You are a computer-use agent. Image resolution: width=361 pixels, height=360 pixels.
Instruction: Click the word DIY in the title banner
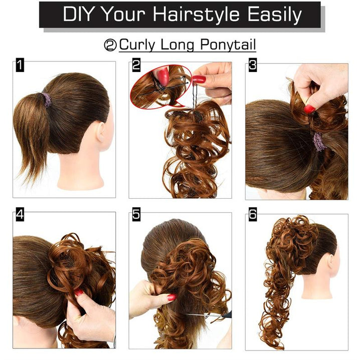pos(78,15)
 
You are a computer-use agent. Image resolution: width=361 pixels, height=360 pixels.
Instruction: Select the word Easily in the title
pos(275,15)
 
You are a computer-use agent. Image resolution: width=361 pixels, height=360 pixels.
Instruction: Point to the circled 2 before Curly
pos(110,45)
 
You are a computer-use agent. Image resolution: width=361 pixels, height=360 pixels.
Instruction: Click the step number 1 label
pos(20,65)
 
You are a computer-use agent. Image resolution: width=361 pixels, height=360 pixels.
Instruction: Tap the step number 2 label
pos(136,65)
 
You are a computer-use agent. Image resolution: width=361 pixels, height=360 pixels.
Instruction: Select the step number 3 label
pos(253,65)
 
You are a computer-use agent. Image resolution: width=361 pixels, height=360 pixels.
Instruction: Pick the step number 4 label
pos(20,215)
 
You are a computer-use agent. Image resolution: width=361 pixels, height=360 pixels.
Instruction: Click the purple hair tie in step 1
pos(47,100)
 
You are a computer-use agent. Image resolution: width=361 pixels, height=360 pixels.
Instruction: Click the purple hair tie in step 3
pos(319,141)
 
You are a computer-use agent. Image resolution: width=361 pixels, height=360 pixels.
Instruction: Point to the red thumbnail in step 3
pos(309,109)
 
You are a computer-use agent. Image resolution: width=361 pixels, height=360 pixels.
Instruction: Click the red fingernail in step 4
pos(79,293)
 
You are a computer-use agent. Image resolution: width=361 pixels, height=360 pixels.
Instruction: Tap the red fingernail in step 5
pos(171,297)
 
